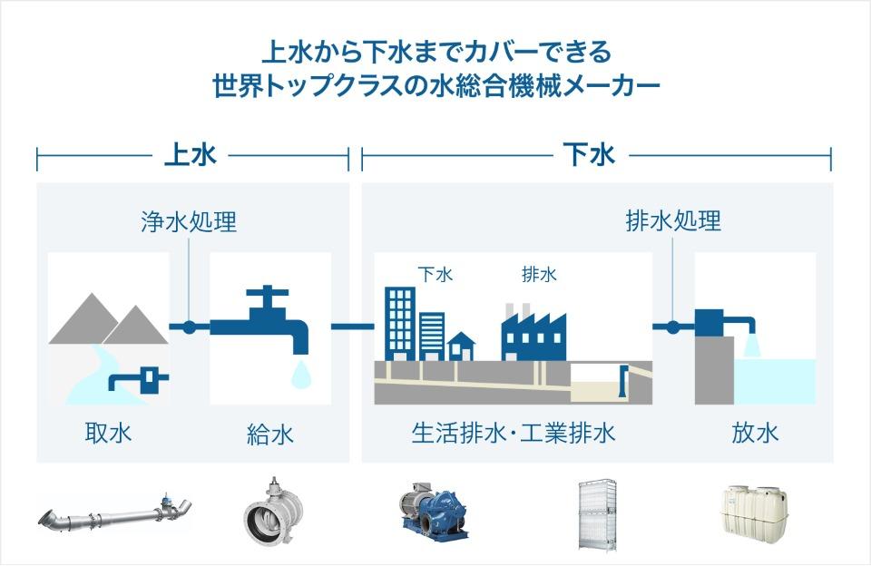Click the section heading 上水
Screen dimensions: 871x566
[x=190, y=154]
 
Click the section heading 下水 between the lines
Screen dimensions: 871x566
[x=590, y=154]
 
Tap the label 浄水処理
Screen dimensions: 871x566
[x=189, y=221]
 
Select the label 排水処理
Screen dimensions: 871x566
[x=673, y=221]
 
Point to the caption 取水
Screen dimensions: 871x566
[x=108, y=433]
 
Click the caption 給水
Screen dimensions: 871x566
[x=270, y=434]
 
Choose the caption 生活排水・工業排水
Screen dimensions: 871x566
[x=514, y=433]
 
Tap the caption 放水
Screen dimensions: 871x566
[x=755, y=433]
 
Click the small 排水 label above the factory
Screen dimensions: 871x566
[x=539, y=275]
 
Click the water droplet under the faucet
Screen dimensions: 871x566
[x=301, y=374]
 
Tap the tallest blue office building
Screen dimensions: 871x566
[x=400, y=325]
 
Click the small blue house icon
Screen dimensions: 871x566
[x=462, y=346]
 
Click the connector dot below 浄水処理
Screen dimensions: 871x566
[x=189, y=327]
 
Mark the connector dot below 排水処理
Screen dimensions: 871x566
[x=672, y=327]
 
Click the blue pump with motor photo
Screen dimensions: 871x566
[x=434, y=511]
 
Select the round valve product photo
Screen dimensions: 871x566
[x=274, y=512]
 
